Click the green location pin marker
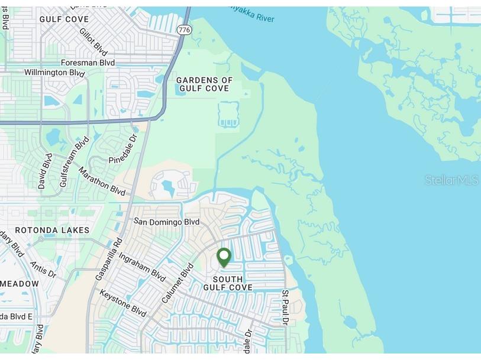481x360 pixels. tap(224, 257)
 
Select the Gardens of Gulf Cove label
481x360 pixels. tap(205, 85)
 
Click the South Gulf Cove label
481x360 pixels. tap(228, 283)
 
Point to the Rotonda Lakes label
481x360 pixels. tap(52, 230)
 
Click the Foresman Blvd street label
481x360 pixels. tap(88, 62)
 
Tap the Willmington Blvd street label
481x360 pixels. tap(54, 73)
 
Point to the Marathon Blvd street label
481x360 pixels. tap(102, 182)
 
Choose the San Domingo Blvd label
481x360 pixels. tap(166, 222)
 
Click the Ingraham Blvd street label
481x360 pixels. tap(142, 266)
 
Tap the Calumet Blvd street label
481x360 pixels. tap(178, 283)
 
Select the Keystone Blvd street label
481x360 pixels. tap(122, 303)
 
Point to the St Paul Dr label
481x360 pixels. tap(285, 307)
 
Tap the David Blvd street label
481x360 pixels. tap(45, 171)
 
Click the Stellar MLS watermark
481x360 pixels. tap(451, 180)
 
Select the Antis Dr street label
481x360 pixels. tap(42, 270)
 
